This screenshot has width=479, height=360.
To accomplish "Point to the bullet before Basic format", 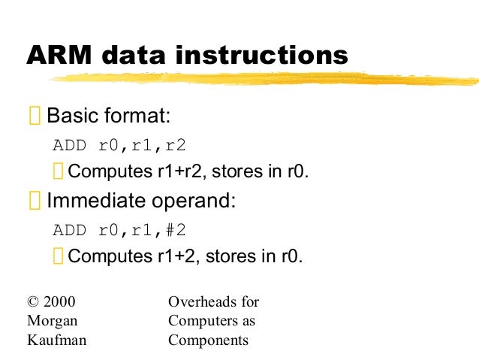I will coord(35,117).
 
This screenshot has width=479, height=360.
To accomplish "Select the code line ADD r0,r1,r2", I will coord(119,145).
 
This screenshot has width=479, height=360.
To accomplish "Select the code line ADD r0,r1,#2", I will coord(119,230).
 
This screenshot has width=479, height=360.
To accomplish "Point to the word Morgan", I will coord(47,322).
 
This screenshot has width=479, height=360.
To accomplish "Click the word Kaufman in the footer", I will coord(52,340).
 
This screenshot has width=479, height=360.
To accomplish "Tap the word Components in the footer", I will coord(208,340).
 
